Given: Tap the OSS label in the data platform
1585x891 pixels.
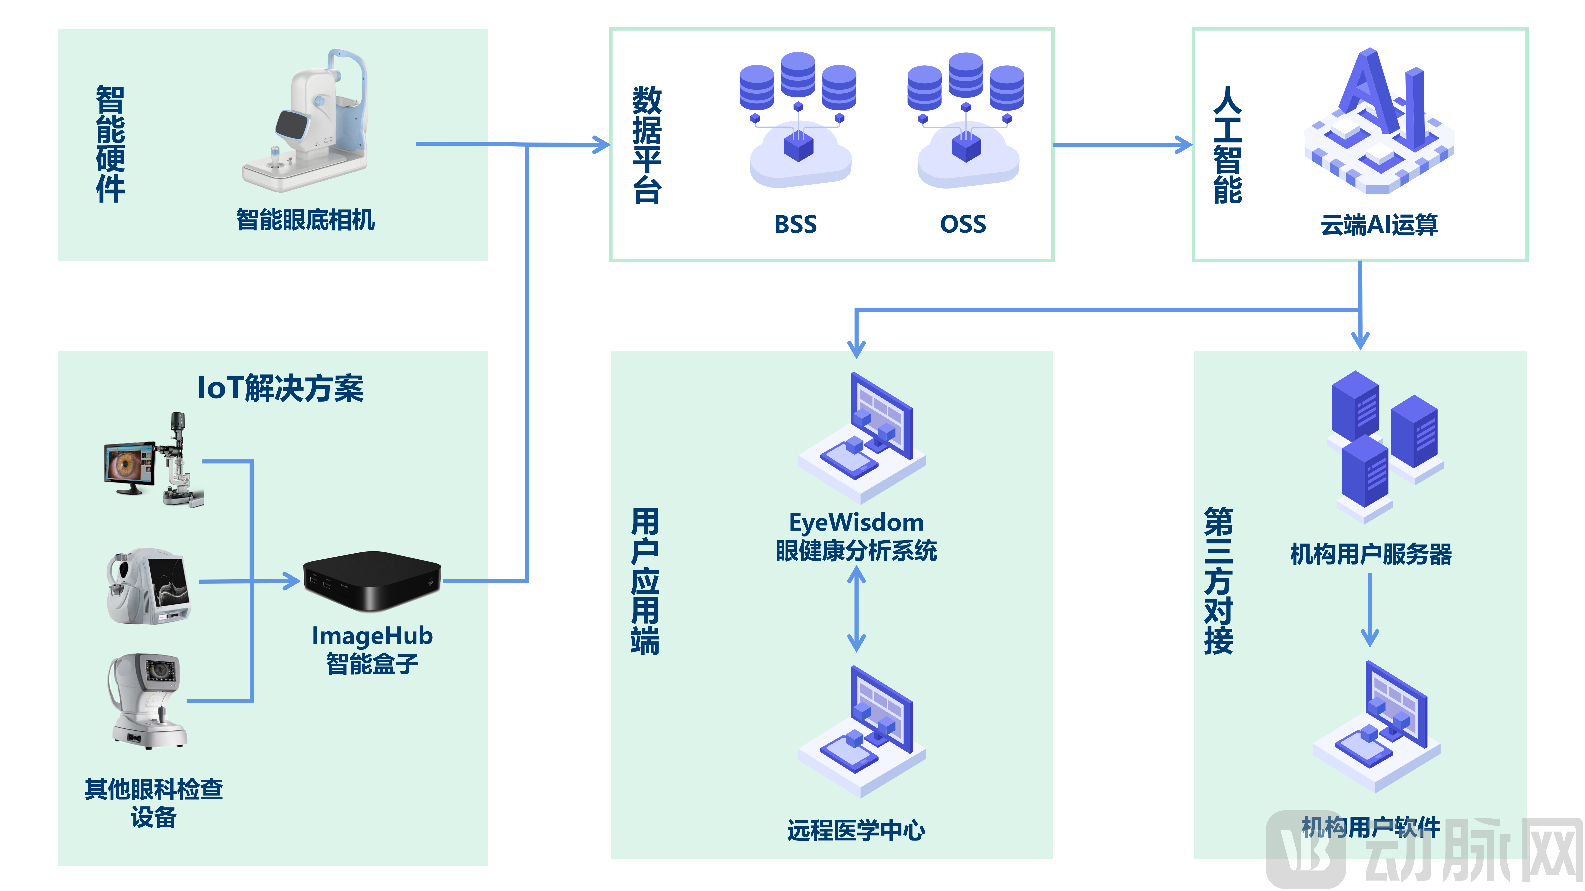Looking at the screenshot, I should tap(963, 224).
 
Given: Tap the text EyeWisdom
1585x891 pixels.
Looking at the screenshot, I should tap(856, 523).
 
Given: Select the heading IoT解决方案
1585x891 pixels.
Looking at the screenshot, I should tap(280, 389).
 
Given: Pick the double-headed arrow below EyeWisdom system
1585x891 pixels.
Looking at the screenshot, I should tap(856, 609).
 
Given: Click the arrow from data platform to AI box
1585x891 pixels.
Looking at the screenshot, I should tap(1123, 145).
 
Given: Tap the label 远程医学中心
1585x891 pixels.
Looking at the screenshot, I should tap(856, 830).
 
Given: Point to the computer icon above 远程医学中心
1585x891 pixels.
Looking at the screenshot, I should tap(861, 732).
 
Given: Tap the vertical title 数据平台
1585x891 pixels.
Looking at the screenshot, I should tap(647, 145).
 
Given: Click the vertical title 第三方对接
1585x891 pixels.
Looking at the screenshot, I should tap(1218, 581).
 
